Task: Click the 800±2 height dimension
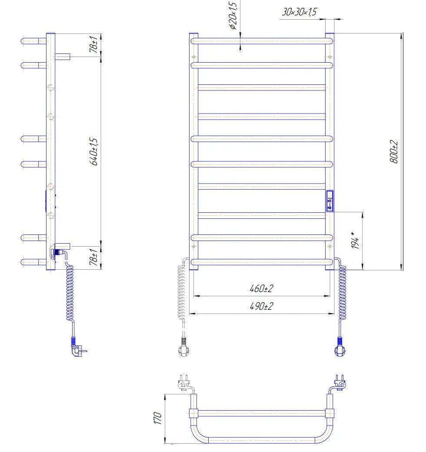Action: (x=394, y=152)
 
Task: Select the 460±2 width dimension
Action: (x=261, y=288)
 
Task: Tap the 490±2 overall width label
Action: (x=261, y=306)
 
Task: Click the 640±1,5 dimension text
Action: (x=94, y=152)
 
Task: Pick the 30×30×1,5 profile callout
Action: (x=299, y=12)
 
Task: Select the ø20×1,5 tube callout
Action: (x=233, y=15)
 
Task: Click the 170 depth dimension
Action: (x=157, y=418)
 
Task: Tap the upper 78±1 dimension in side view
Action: (x=93, y=44)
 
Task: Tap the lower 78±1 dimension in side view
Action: (x=93, y=257)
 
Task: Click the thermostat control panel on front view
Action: (x=330, y=201)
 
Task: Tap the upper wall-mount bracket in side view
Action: (x=63, y=56)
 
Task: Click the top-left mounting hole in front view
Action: (x=194, y=57)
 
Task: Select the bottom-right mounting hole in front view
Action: (x=330, y=246)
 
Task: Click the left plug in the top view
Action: (x=184, y=383)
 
